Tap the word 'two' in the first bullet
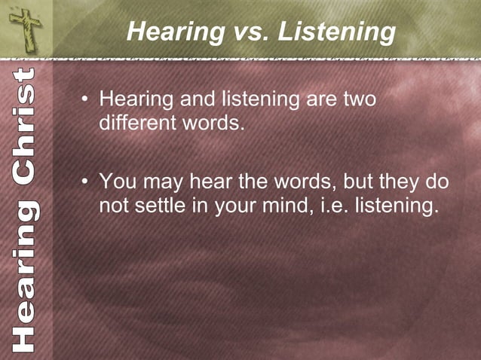click(359, 99)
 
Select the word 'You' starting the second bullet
click(118, 182)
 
